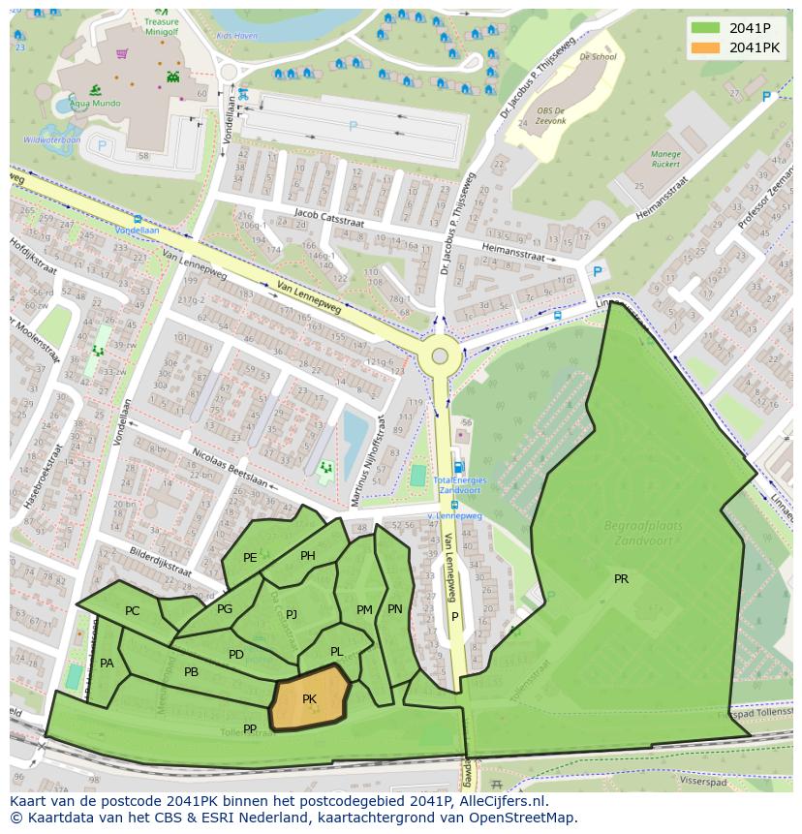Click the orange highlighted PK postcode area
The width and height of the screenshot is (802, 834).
pyautogui.click(x=310, y=698)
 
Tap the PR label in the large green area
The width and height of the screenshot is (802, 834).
pyautogui.click(x=621, y=579)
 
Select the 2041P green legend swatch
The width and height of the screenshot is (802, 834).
pyautogui.click(x=705, y=28)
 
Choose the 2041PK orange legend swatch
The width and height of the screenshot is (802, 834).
pyautogui.click(x=705, y=47)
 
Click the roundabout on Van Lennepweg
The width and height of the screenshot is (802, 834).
pyautogui.click(x=440, y=355)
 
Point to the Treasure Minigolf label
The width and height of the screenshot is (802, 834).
pyautogui.click(x=161, y=25)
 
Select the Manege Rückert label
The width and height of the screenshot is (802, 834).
pyautogui.click(x=665, y=159)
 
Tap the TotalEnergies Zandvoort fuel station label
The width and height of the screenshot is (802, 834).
pyautogui.click(x=459, y=484)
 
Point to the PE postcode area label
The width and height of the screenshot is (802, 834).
pyautogui.click(x=250, y=557)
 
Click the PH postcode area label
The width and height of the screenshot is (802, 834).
pyautogui.click(x=308, y=555)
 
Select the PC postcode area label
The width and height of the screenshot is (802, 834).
pyautogui.click(x=133, y=610)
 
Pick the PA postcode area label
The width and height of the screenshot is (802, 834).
pyautogui.click(x=107, y=663)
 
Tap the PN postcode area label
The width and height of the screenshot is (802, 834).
pyautogui.click(x=394, y=609)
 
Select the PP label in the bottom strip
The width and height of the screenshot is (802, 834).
pyautogui.click(x=250, y=728)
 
